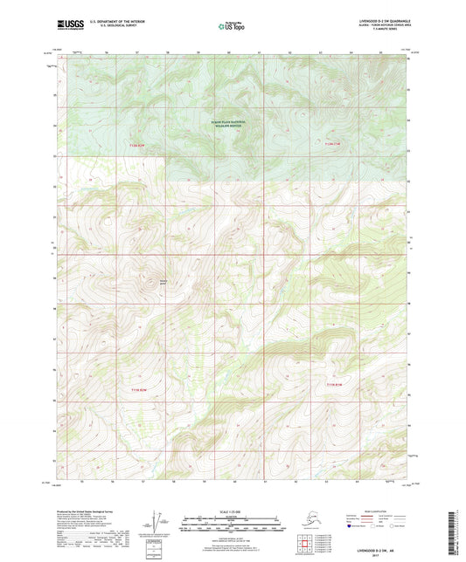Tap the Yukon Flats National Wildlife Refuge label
pos(228,123)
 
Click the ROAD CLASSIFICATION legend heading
pos(385,511)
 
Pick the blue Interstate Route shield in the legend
pos(353,528)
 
